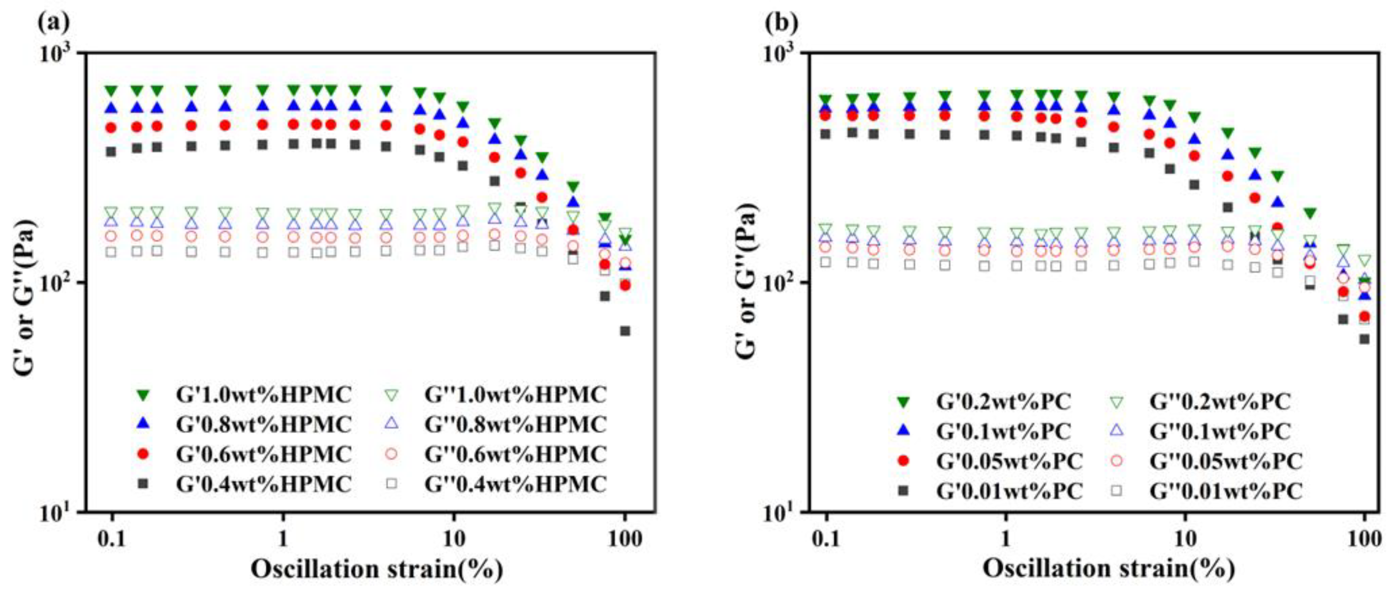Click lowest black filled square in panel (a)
click(x=625, y=331)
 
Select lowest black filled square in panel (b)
click(x=1364, y=339)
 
